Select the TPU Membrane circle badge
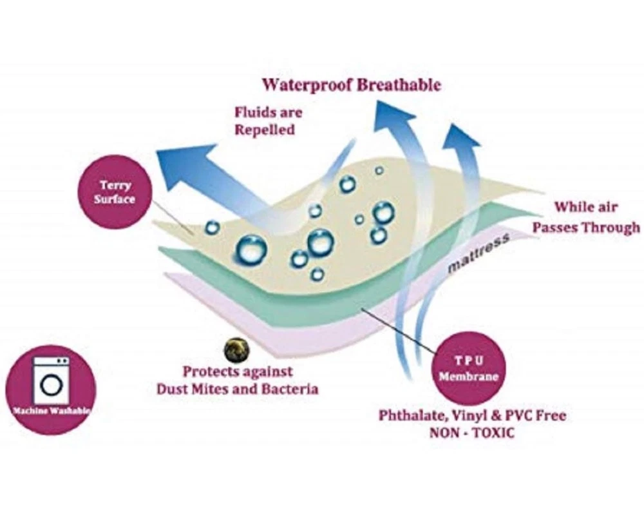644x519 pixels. click(x=468, y=369)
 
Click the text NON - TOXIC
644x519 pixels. click(x=472, y=433)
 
